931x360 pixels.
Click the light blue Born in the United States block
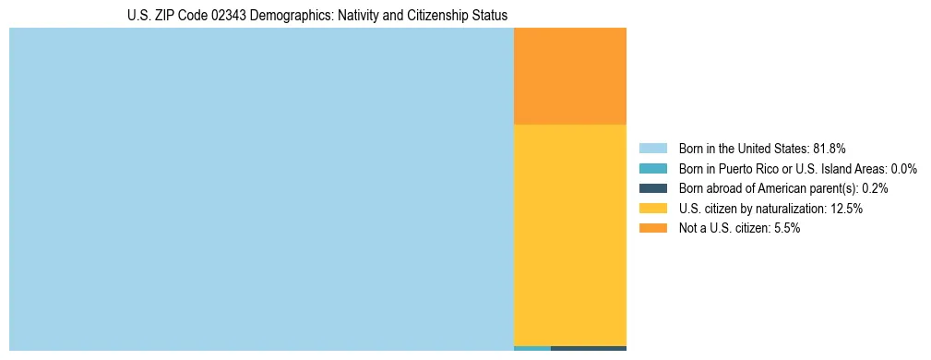[x=261, y=189]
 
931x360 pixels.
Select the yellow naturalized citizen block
[x=569, y=234]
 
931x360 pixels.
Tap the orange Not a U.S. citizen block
[x=569, y=76]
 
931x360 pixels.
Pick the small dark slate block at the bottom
[x=588, y=348]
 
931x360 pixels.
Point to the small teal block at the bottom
[x=531, y=348]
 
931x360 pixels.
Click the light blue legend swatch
[x=652, y=149]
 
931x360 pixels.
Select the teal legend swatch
[x=652, y=169]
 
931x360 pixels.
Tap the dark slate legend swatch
[x=652, y=188]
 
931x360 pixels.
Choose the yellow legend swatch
[x=652, y=209]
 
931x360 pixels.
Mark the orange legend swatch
[x=652, y=228]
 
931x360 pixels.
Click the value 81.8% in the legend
[x=830, y=149]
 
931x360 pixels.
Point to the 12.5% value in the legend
[x=845, y=209]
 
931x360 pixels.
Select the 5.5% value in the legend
[x=785, y=228]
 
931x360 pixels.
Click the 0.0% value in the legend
[x=902, y=169]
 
